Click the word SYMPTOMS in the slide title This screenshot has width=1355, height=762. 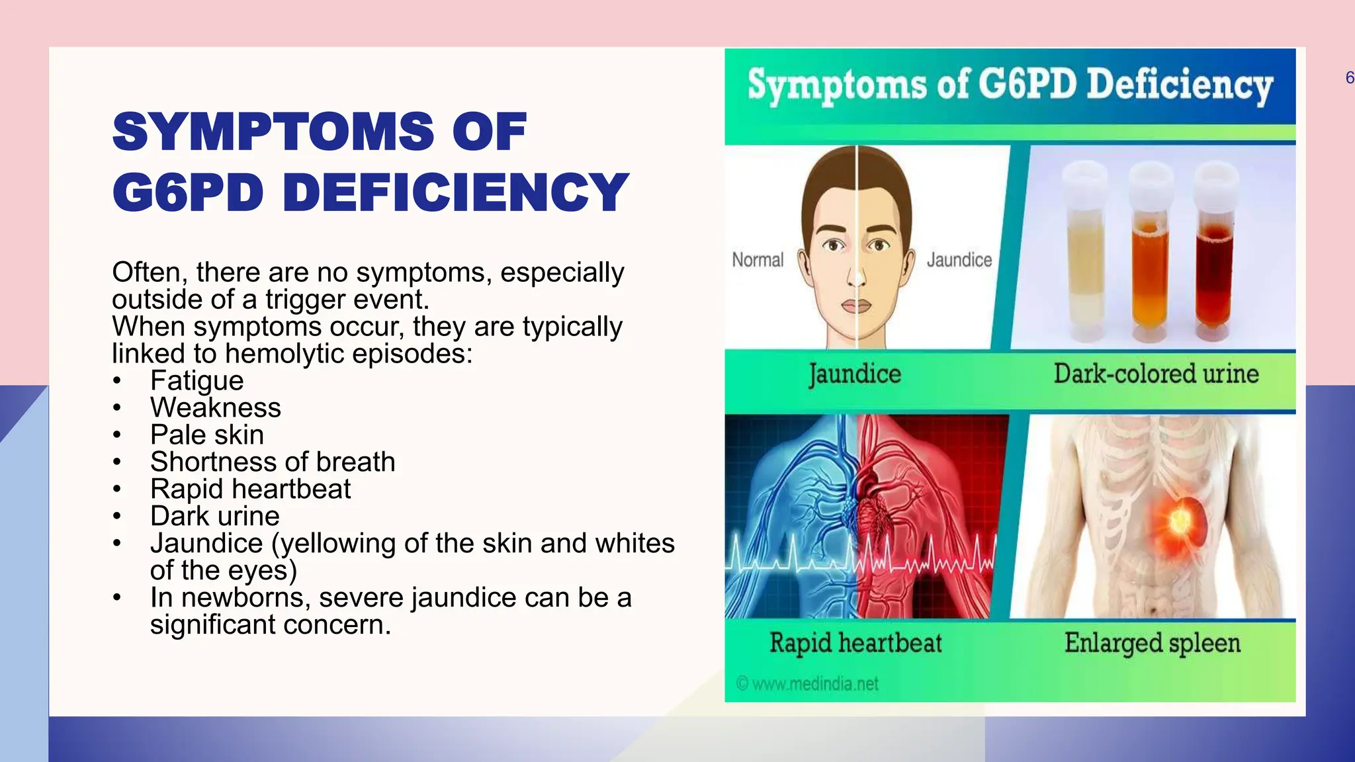[x=273, y=132]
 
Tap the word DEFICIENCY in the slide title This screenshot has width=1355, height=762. [x=456, y=192]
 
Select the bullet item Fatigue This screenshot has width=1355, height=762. [x=197, y=380]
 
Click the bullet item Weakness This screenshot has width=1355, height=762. [x=215, y=407]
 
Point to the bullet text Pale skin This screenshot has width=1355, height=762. [x=206, y=435]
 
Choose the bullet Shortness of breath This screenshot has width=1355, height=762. [x=273, y=462]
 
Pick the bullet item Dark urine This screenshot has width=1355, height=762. [x=214, y=516]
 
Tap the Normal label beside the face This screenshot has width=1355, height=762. [x=758, y=260]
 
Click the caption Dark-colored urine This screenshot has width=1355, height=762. [x=1156, y=374]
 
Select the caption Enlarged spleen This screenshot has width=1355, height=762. [x=1152, y=643]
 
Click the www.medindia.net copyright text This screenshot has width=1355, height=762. [x=808, y=683]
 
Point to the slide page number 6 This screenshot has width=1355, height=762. [x=1349, y=78]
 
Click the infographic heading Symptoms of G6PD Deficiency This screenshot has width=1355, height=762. [x=1010, y=86]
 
